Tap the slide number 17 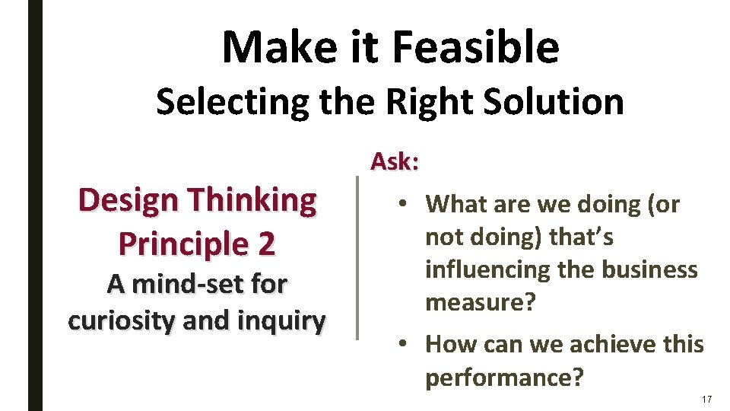(707, 400)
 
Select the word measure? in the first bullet (481, 303)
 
